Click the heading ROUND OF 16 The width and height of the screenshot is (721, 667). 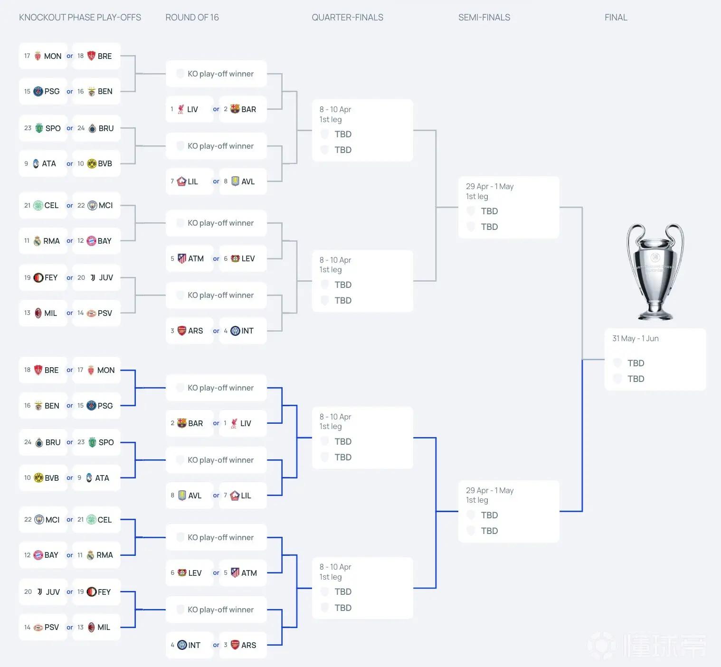pos(192,18)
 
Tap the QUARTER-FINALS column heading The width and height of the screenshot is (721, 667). pos(347,18)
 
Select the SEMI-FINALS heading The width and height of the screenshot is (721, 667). pos(484,18)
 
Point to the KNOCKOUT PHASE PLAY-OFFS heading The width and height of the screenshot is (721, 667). pos(80,18)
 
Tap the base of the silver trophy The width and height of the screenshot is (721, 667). pos(655,314)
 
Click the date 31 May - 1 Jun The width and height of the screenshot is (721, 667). pos(636,338)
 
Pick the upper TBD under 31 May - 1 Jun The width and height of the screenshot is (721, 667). pos(636,363)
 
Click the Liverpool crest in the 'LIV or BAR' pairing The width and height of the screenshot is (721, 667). pos(180,109)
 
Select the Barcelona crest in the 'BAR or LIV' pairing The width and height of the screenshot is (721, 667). pos(181,423)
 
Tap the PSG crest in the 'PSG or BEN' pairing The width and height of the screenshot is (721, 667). pos(38,91)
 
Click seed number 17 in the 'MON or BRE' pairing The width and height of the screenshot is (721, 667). pos(27,56)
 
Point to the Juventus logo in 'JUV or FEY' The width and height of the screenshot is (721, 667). pos(39,592)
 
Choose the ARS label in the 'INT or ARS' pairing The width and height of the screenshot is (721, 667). pos(249,645)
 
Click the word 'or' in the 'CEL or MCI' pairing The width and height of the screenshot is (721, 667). pos(70,205)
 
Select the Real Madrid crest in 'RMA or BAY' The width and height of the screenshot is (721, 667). pos(37,241)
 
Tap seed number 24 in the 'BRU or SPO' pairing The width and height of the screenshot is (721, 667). pos(28,442)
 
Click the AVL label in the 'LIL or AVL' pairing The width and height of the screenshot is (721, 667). pos(248,181)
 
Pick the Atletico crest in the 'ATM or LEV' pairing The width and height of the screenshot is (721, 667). pos(182,258)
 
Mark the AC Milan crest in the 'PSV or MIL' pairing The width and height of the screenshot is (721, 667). pos(92,627)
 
